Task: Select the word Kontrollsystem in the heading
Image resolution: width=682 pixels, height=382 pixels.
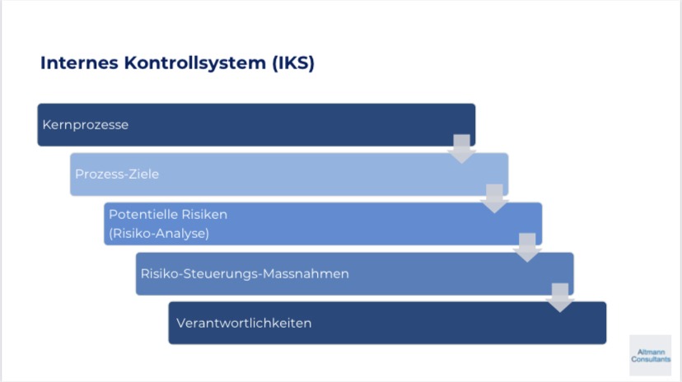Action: [x=195, y=63]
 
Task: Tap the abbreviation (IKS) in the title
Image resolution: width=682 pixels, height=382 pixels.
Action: [x=293, y=63]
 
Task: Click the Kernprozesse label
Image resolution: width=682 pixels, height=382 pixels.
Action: [x=86, y=125]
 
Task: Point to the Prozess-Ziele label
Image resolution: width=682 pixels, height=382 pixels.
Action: [x=117, y=174]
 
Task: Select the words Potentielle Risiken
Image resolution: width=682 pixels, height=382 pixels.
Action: [x=168, y=214]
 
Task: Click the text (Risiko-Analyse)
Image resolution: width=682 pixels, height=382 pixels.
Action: [x=159, y=233]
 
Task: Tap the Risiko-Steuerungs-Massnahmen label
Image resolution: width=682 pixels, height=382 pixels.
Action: [x=245, y=274]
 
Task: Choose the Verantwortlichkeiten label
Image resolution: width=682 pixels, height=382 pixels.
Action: [x=244, y=323]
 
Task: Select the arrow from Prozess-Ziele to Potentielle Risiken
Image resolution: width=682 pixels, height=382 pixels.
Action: [x=494, y=198]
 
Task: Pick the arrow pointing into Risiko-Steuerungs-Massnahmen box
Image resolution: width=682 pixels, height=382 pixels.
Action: [x=527, y=248]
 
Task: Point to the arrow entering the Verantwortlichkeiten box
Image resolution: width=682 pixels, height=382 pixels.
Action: [x=560, y=298]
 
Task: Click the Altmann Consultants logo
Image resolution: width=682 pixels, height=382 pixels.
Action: [x=650, y=355]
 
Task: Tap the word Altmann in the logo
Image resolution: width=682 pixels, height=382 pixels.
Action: [x=652, y=352]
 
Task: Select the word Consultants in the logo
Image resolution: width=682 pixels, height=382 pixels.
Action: [x=651, y=360]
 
